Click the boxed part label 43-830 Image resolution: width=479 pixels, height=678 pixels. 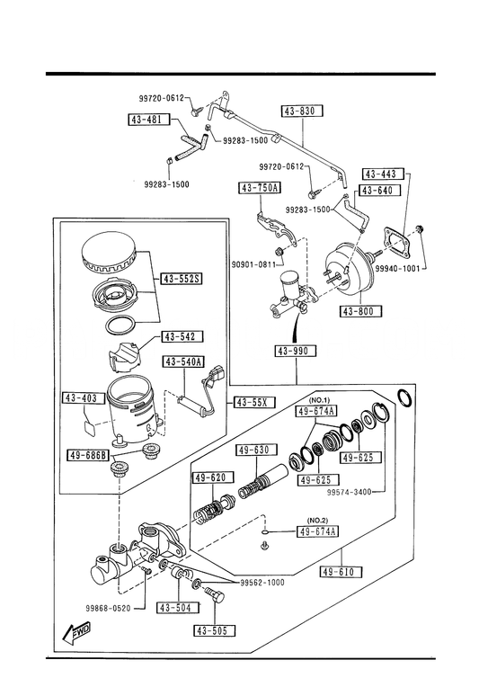click(x=303, y=111)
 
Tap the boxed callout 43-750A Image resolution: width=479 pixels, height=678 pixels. click(x=260, y=188)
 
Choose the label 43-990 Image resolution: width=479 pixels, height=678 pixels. click(x=296, y=351)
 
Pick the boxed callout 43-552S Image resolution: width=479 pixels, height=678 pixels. click(x=182, y=279)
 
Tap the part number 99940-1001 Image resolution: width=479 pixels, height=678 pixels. click(x=397, y=268)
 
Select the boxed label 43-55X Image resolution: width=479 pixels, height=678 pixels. click(x=253, y=403)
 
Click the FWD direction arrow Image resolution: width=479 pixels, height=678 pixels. click(x=78, y=633)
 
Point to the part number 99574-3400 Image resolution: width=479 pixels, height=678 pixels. click(x=350, y=492)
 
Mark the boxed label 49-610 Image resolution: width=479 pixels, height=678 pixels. click(x=342, y=572)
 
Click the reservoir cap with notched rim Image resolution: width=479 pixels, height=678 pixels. click(x=109, y=254)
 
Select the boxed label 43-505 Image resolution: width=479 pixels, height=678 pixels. click(x=215, y=631)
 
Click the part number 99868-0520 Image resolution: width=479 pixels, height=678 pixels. click(x=108, y=609)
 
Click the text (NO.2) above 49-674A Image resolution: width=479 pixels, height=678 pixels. click(x=317, y=520)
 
